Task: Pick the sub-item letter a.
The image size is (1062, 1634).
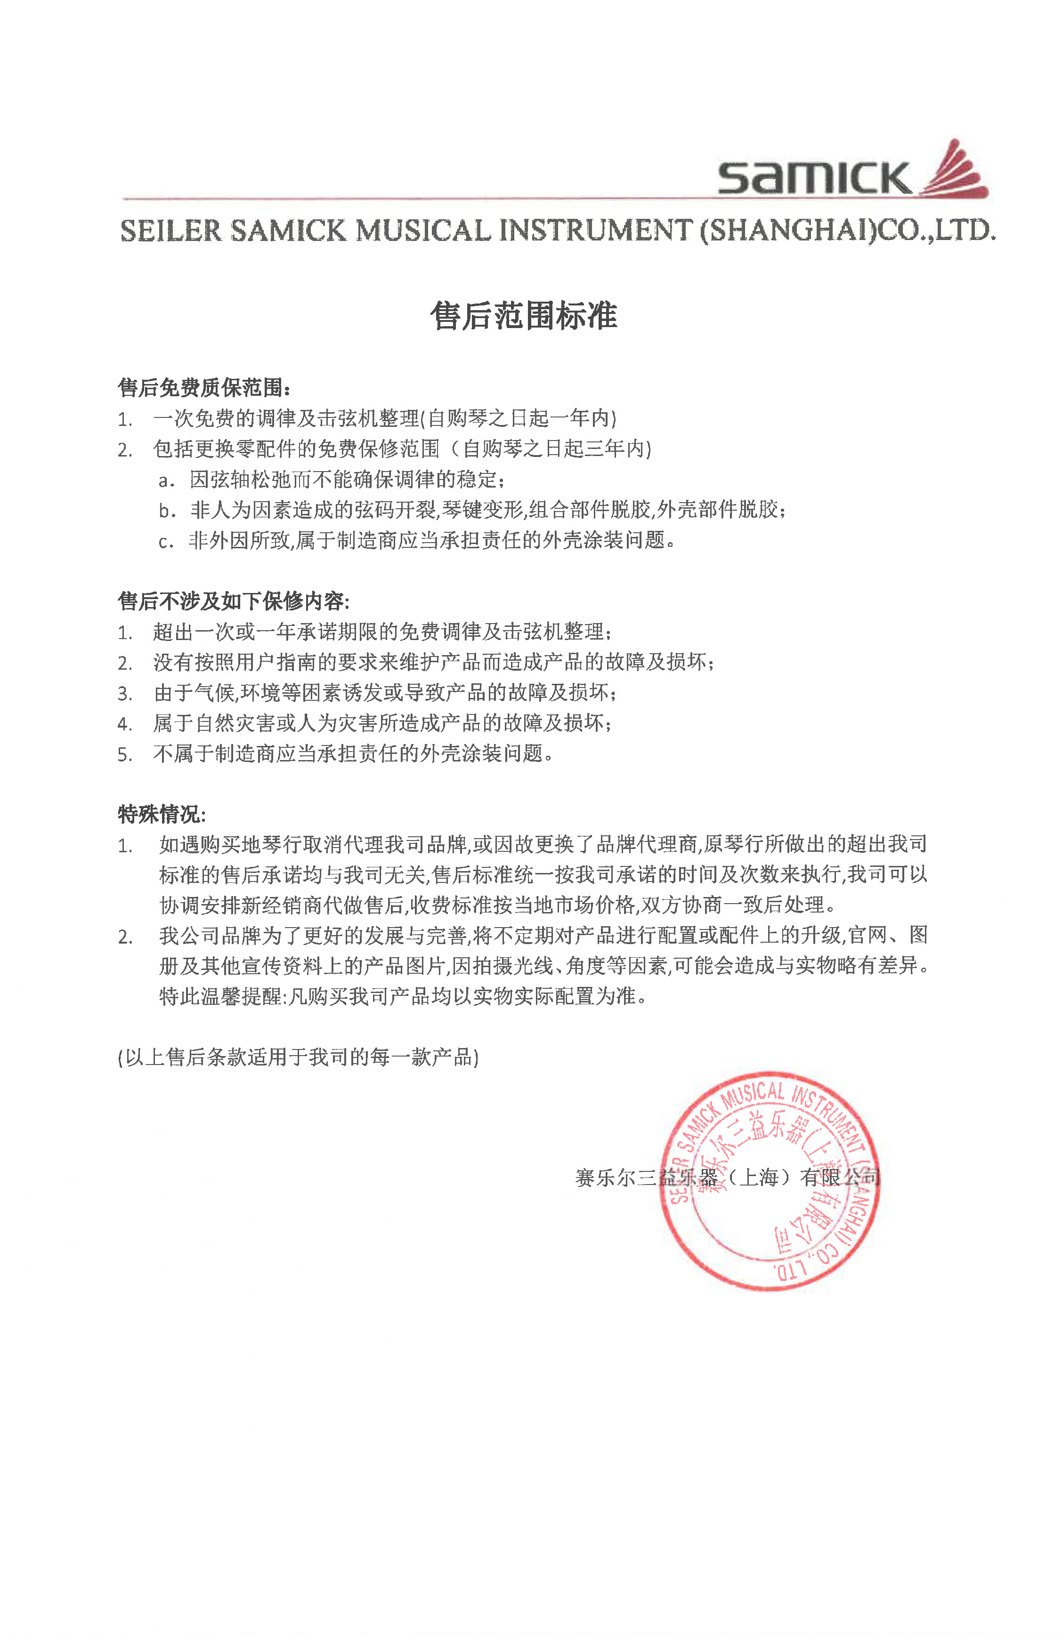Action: click(x=165, y=481)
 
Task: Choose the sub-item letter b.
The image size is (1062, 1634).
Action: click(x=165, y=511)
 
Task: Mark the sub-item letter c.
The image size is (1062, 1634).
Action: click(x=165, y=542)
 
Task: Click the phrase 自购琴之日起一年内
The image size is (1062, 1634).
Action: click(x=519, y=418)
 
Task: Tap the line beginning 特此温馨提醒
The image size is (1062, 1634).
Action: click(x=403, y=996)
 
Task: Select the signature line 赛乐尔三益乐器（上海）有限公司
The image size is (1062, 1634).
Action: click(x=727, y=1178)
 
